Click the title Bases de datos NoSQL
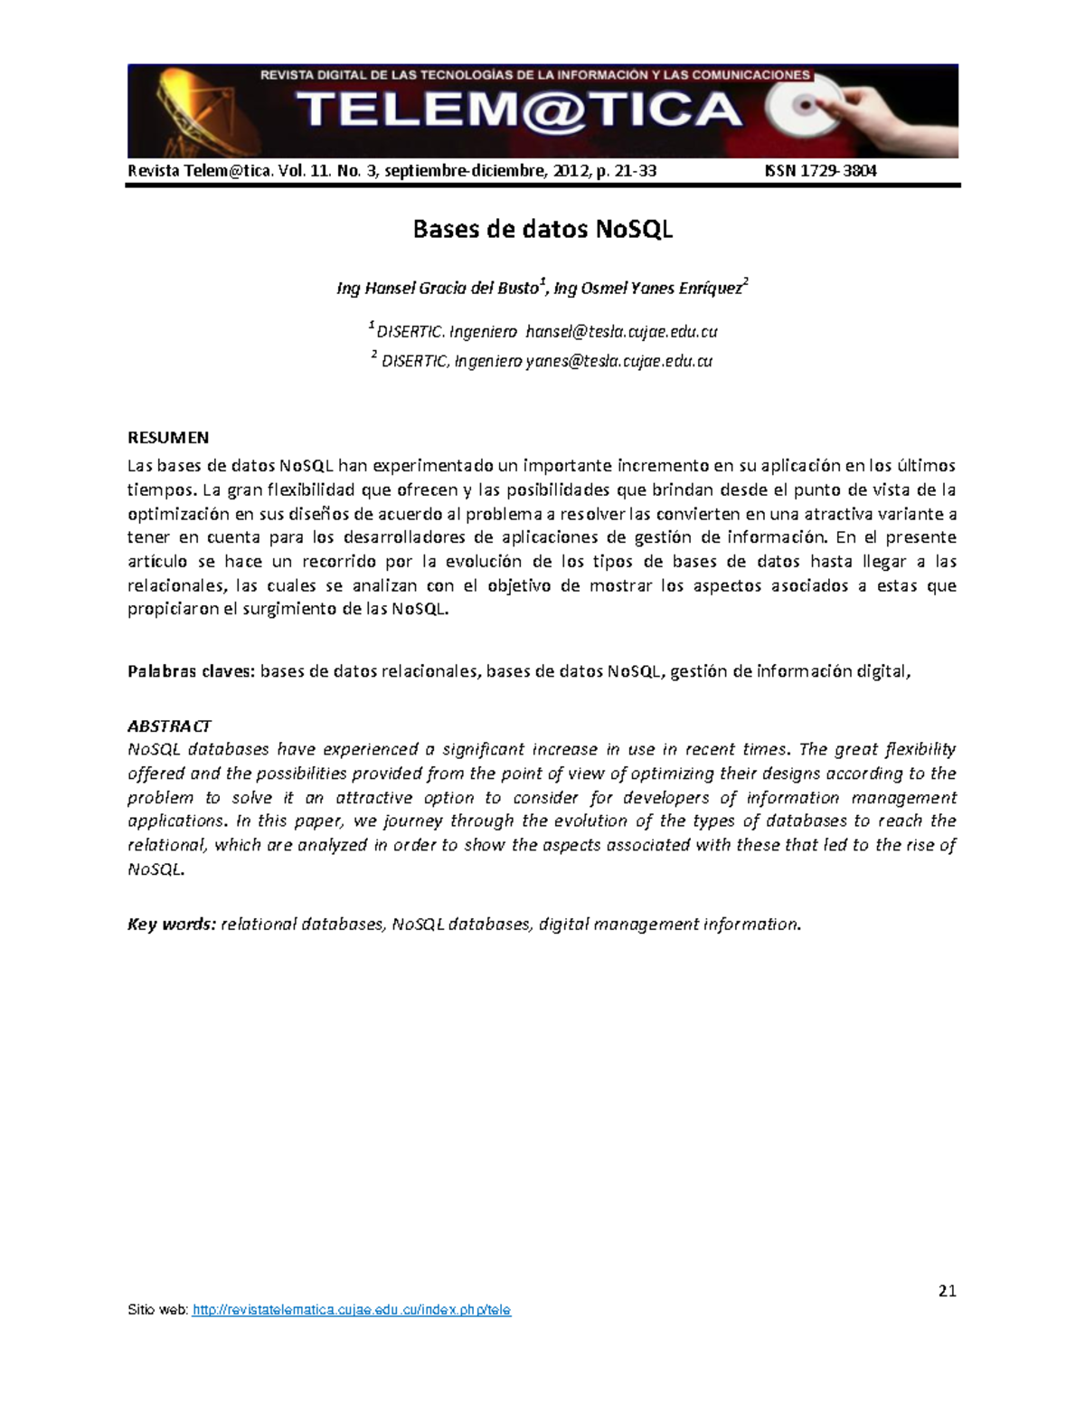click(542, 230)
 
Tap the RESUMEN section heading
click(168, 438)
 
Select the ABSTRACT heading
click(169, 726)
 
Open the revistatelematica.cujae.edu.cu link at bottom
click(353, 1310)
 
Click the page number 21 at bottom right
click(947, 1291)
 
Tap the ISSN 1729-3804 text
click(820, 171)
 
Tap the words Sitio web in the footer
click(157, 1310)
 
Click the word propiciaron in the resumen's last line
click(173, 609)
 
